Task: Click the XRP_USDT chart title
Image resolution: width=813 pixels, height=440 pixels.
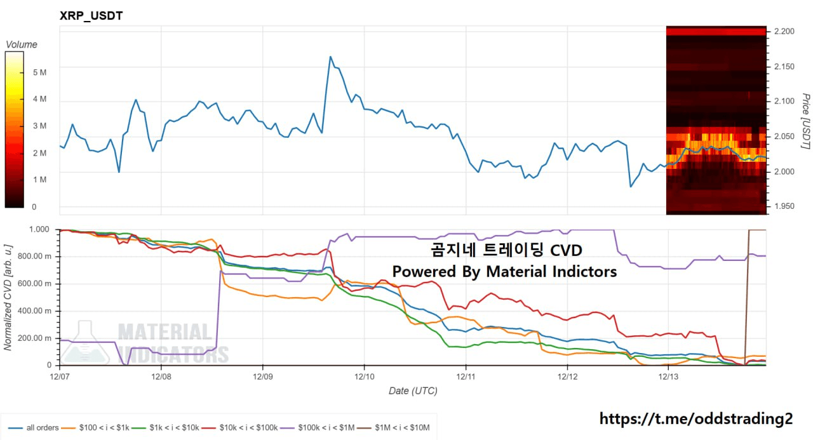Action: (x=91, y=16)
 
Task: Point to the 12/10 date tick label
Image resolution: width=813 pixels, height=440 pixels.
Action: (x=364, y=377)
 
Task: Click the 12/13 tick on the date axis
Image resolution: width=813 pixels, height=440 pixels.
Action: (x=668, y=377)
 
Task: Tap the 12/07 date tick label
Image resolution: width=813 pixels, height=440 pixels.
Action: (x=60, y=377)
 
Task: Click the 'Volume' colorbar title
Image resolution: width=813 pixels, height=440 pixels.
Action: (x=22, y=44)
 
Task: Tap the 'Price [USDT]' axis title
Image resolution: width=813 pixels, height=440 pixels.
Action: (x=805, y=121)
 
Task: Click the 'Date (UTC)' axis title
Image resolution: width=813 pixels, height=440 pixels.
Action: (x=413, y=391)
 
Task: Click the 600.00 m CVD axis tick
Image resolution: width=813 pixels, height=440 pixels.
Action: (x=37, y=283)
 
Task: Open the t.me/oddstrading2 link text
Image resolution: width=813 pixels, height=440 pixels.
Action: (x=695, y=419)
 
